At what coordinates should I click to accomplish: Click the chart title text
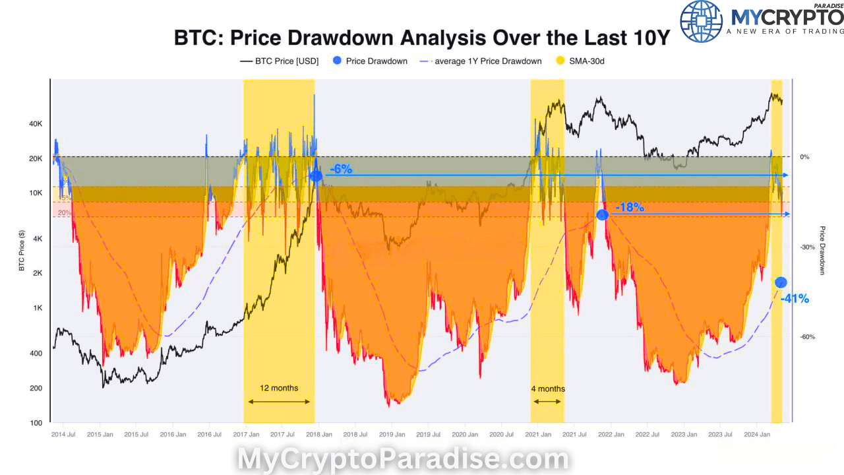[421, 37]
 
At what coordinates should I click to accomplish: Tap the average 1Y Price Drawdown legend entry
[487, 61]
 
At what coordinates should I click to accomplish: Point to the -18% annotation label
[629, 208]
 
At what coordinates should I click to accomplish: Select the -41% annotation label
[794, 299]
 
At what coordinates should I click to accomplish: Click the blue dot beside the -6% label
[316, 175]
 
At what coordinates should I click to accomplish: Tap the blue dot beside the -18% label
[602, 214]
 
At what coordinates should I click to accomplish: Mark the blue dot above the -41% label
[781, 282]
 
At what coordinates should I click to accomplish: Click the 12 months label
[278, 388]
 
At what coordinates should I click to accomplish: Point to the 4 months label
[547, 389]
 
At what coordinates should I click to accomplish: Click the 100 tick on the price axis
[36, 423]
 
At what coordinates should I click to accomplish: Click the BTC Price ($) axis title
[22, 251]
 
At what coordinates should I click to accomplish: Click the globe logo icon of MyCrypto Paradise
[701, 21]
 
